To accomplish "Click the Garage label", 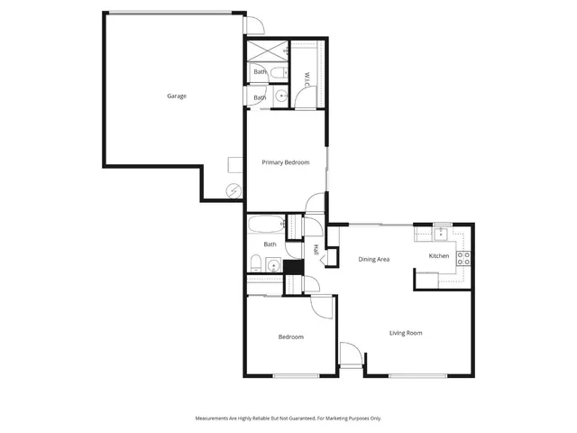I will [x=177, y=96].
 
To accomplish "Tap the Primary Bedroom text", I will [x=286, y=162].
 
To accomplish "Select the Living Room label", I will [x=406, y=333].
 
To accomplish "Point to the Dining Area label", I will [x=373, y=259].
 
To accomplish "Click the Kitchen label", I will [x=438, y=256].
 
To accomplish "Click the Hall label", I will [x=316, y=250].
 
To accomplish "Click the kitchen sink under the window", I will [x=442, y=235].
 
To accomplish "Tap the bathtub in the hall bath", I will [x=266, y=224].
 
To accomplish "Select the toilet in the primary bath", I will [x=279, y=72].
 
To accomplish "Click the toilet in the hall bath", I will [x=255, y=263].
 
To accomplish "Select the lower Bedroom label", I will [x=290, y=336].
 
